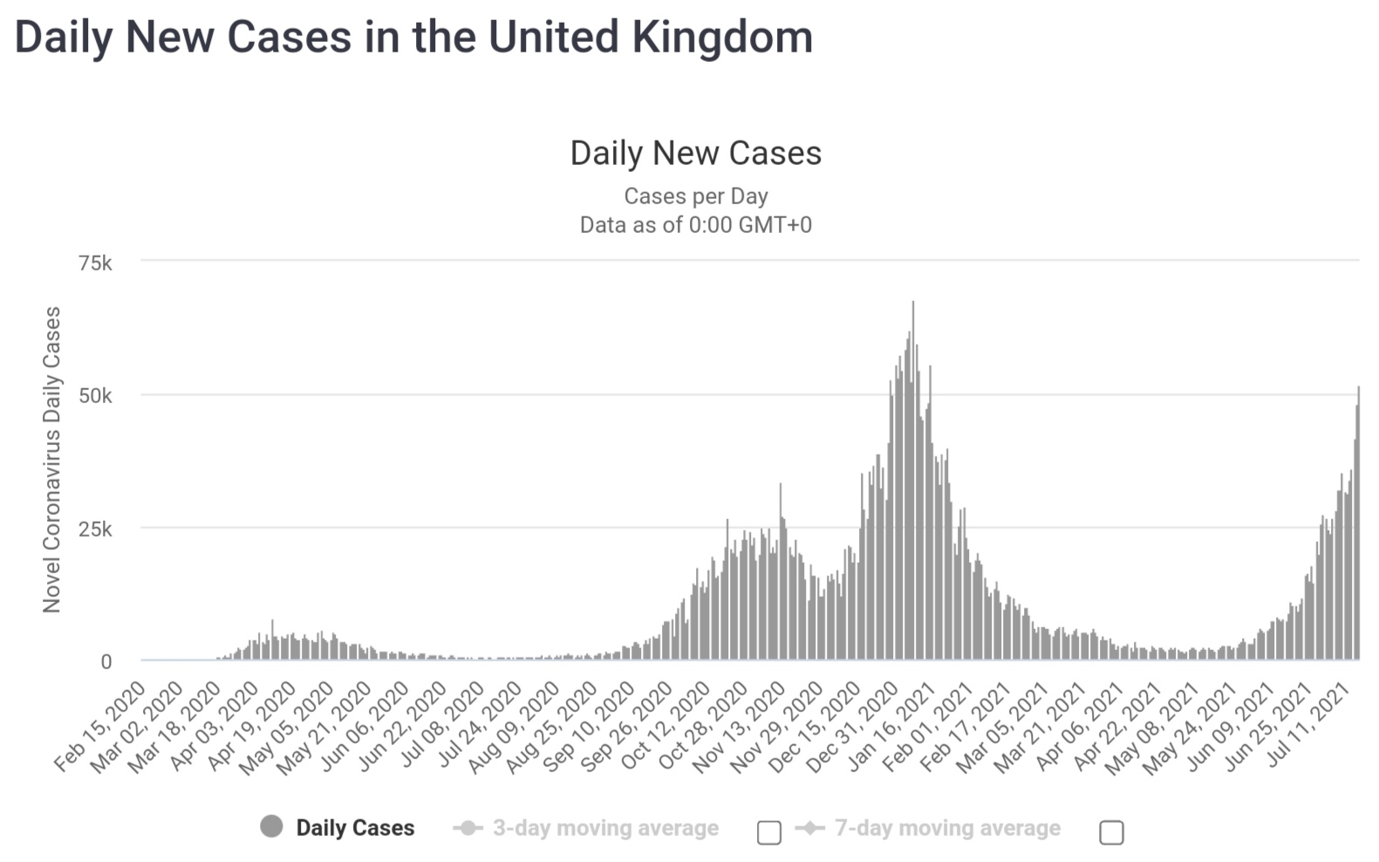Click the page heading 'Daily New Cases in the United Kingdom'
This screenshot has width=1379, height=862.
(413, 38)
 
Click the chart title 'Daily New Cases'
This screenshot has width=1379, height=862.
(695, 154)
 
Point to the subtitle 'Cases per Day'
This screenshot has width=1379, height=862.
(695, 196)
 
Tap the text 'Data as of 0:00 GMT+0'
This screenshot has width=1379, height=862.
(695, 225)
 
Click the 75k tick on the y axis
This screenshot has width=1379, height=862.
(95, 263)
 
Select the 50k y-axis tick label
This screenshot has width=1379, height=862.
(95, 396)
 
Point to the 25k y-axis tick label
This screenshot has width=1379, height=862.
(95, 530)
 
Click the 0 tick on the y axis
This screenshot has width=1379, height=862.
(106, 662)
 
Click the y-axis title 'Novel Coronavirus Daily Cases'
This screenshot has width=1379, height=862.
(52, 460)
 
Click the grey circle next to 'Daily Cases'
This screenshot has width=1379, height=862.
(271, 826)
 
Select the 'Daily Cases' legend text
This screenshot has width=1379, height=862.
(355, 828)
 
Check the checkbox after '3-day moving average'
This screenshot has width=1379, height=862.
(768, 832)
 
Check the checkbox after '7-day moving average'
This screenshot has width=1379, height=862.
(1111, 832)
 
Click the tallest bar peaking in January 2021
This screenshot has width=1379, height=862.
(913, 480)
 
